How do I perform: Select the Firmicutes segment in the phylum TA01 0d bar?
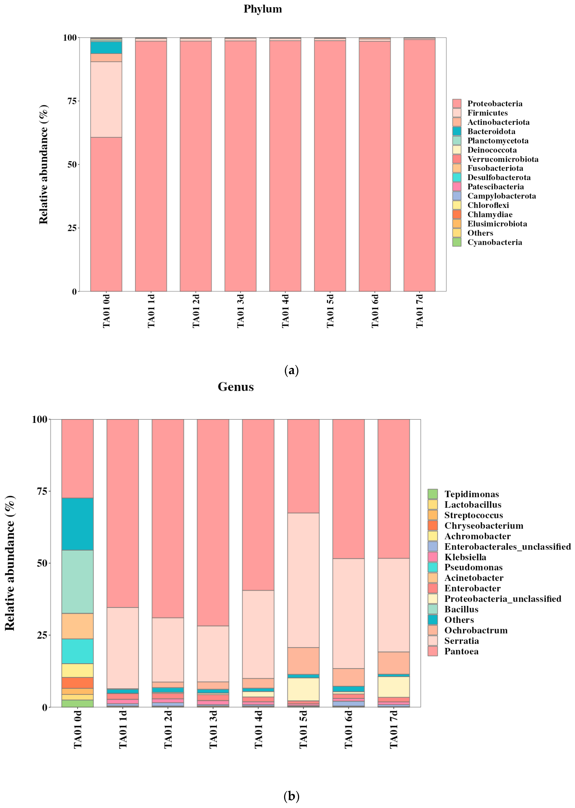point(106,99)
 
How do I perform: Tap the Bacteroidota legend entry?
point(491,132)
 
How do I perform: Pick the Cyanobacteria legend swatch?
point(457,242)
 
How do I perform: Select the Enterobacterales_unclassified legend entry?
point(507,547)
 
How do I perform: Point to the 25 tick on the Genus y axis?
point(42,635)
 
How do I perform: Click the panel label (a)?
point(291,371)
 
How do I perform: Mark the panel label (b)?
point(291,796)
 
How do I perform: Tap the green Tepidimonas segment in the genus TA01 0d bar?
point(78,703)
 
